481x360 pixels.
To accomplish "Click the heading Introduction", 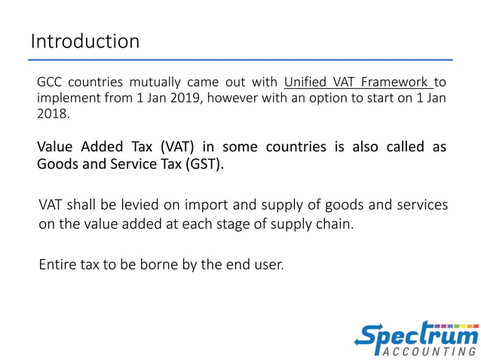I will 85,41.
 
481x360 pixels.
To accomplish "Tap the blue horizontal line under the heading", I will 241,59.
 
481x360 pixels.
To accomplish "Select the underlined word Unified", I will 305,82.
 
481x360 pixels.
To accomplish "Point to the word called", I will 407,146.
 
